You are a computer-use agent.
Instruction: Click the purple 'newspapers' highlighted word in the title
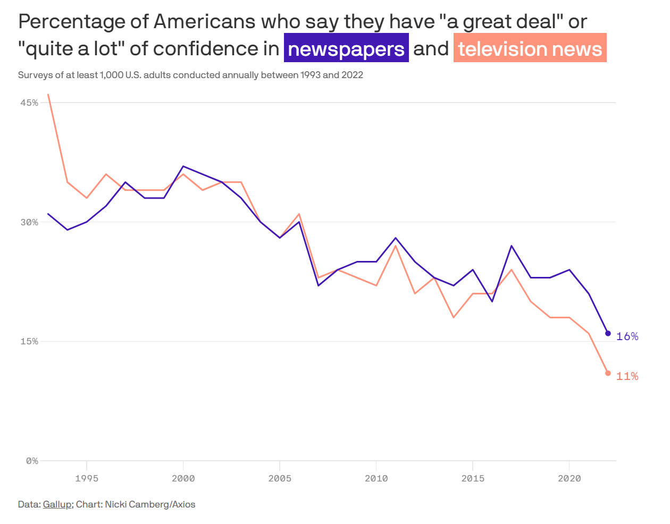point(346,48)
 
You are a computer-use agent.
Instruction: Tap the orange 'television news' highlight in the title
point(530,48)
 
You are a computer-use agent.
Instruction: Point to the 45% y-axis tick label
point(29,103)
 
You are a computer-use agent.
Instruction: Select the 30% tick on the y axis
point(29,222)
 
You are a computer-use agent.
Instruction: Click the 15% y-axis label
point(29,341)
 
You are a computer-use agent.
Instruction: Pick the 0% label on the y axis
point(32,461)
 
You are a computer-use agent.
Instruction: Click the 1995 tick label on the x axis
point(87,478)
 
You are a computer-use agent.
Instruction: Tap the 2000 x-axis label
point(183,478)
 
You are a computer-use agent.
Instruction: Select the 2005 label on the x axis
point(280,478)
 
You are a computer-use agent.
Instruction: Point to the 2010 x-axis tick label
point(376,478)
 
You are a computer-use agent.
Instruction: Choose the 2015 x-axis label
point(473,478)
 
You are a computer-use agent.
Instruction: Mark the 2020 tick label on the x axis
point(569,478)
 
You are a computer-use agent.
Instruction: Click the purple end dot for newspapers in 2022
point(608,333)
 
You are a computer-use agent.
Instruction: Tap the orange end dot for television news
point(608,373)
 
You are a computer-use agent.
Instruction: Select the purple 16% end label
point(627,336)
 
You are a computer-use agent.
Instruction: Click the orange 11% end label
point(627,376)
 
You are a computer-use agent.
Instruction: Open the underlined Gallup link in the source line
point(57,504)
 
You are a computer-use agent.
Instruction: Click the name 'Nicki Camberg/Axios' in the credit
point(150,504)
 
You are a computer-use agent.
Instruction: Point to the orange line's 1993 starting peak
point(48,95)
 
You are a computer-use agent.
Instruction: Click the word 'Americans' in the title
point(197,22)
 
